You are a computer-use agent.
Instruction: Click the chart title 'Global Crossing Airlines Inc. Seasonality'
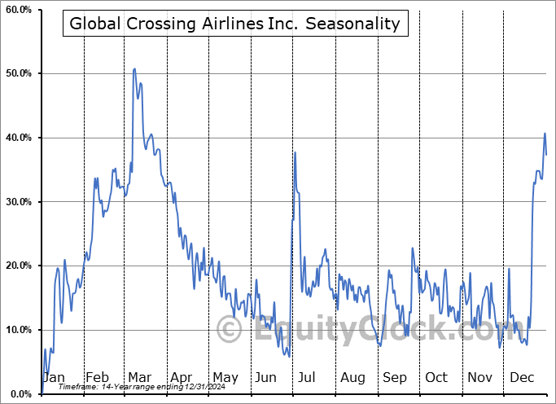(x=234, y=24)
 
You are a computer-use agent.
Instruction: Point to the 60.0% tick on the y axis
(x=19, y=10)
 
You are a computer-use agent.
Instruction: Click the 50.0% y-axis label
(x=19, y=74)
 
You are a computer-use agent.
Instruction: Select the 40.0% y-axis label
(x=19, y=138)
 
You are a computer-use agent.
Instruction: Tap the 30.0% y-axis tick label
(x=19, y=202)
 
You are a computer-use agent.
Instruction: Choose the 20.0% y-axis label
(x=19, y=266)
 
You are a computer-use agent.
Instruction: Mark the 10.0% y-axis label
(x=19, y=330)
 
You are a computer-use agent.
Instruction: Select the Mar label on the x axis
(x=139, y=378)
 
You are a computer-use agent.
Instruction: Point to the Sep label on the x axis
(x=395, y=378)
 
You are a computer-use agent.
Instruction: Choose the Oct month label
(x=436, y=378)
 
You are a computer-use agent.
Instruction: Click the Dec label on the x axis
(x=523, y=378)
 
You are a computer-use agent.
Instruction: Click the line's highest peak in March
(x=134, y=69)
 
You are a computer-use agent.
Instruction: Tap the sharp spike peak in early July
(x=295, y=152)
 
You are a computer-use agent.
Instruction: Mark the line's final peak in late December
(x=545, y=133)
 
